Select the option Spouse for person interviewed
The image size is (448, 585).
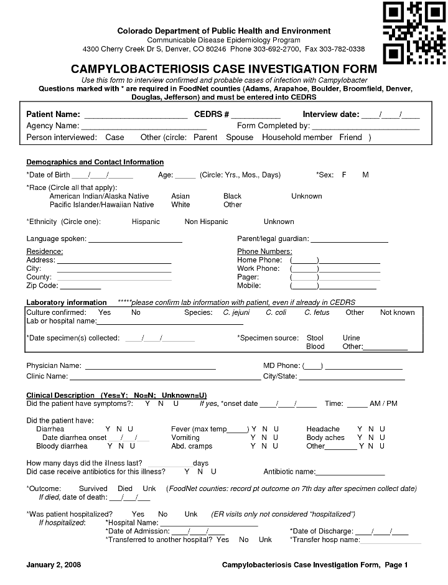coord(240,137)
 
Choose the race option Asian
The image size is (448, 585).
coord(180,196)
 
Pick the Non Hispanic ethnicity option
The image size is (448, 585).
coord(206,222)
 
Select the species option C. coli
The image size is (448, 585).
coord(276,312)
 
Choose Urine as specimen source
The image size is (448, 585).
coord(351,338)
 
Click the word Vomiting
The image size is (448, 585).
coord(185,438)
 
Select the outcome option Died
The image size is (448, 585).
coord(125,489)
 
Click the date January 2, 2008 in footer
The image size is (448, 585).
coord(54,565)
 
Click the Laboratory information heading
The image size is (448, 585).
coord(67,302)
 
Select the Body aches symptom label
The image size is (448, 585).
coord(325,438)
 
